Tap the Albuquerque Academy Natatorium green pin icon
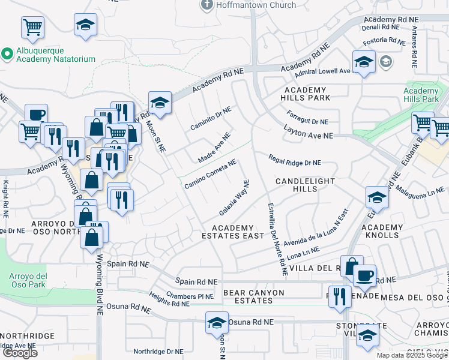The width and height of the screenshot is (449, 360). click(x=7, y=54)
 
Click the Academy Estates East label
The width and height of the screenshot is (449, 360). click(x=238, y=232)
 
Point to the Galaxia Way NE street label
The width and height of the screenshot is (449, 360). click(x=234, y=198)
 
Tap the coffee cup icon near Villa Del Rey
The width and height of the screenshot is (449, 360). click(x=364, y=275)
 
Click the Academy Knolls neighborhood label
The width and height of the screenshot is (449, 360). click(x=382, y=231)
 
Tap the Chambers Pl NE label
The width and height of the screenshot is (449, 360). click(x=190, y=296)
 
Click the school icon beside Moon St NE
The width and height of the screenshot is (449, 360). click(x=160, y=103)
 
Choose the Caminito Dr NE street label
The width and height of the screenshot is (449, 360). click(x=211, y=119)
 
